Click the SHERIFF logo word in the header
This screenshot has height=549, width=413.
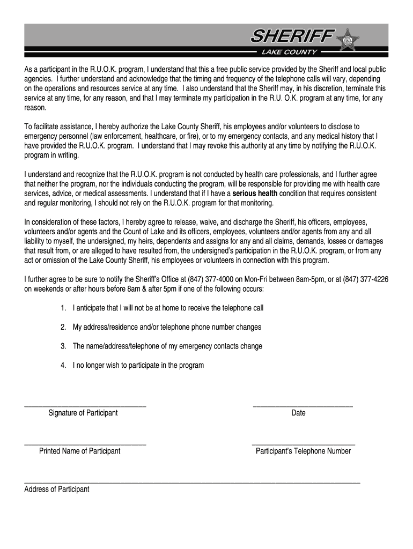[x=293, y=38]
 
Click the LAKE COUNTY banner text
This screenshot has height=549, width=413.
[x=289, y=52]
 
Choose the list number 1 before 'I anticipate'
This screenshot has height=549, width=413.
[x=63, y=308]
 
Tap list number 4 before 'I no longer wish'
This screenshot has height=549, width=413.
[x=63, y=365]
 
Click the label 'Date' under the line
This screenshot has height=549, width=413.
[x=298, y=413]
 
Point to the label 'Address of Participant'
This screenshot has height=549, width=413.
[x=57, y=489]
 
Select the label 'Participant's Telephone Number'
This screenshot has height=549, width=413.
[x=303, y=451]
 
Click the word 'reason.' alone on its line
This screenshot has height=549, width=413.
[x=36, y=108]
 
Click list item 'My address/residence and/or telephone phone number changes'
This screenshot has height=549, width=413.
[x=167, y=327]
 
